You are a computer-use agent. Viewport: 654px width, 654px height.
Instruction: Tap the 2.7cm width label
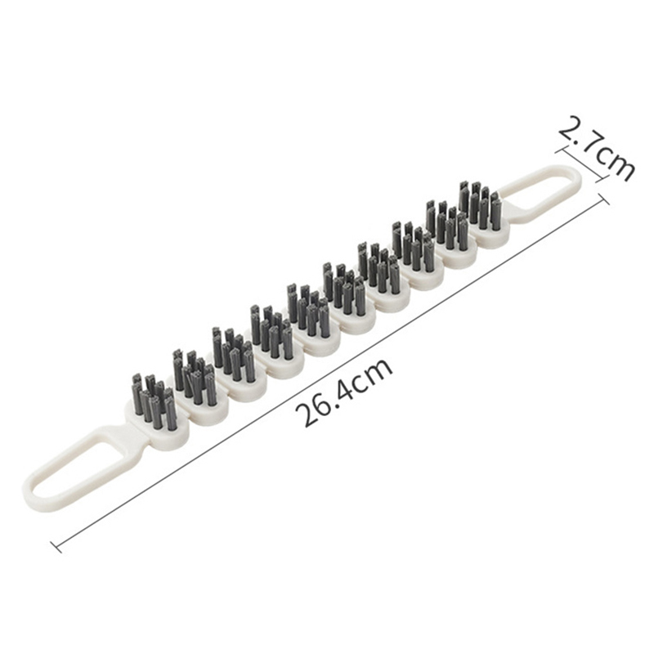pos(597,149)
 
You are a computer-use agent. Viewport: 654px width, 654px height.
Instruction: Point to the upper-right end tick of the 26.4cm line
pos(604,199)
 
